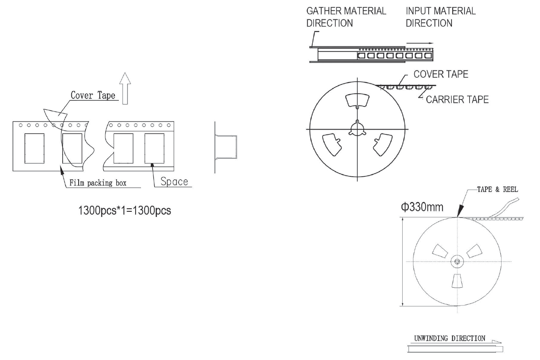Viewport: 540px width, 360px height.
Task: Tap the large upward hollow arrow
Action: click(125, 88)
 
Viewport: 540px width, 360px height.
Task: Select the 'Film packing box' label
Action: click(98, 183)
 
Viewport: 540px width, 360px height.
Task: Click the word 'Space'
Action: click(174, 181)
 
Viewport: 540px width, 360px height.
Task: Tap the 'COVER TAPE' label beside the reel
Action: click(441, 74)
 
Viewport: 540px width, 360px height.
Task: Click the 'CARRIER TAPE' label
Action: click(457, 100)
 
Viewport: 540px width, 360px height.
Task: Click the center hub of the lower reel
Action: click(457, 261)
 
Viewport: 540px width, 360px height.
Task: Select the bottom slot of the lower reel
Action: click(457, 281)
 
